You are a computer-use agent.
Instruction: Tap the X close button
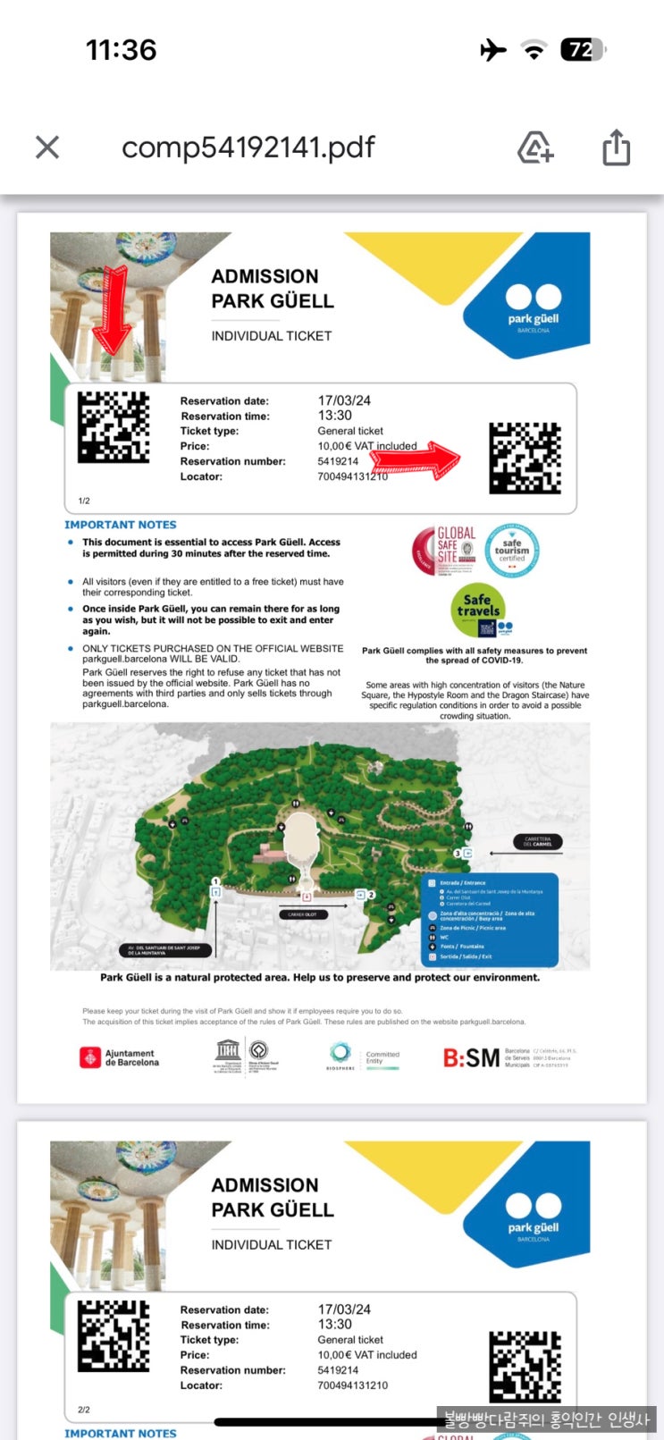(x=47, y=147)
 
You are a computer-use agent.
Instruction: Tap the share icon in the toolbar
(x=616, y=147)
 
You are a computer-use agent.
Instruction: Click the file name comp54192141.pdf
(x=248, y=147)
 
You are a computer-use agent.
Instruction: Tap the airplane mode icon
(x=492, y=50)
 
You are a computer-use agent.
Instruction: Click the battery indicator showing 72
(x=582, y=50)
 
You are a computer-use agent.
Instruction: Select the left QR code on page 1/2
(x=113, y=427)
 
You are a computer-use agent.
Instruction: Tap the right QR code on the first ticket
(x=525, y=459)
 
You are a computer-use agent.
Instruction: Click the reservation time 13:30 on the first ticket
(x=335, y=416)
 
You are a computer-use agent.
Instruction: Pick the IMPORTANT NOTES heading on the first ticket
(x=121, y=525)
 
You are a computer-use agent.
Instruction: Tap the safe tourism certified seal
(x=512, y=551)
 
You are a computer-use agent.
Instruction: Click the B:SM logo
(x=471, y=1058)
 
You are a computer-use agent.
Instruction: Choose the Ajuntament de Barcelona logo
(x=120, y=1058)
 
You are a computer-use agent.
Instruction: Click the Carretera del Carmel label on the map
(x=538, y=842)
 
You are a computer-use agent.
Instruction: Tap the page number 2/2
(x=84, y=1410)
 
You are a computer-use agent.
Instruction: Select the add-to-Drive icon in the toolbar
(x=535, y=147)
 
